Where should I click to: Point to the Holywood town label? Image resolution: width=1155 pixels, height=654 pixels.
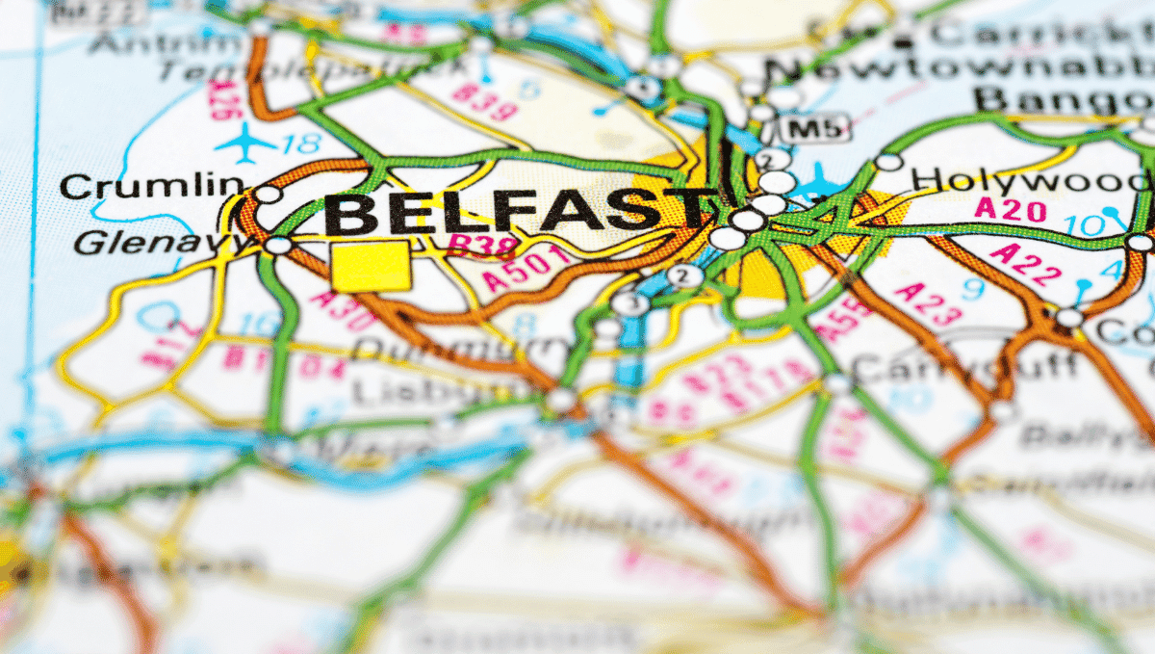click(1030, 180)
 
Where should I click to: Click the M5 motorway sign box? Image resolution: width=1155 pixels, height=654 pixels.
click(814, 127)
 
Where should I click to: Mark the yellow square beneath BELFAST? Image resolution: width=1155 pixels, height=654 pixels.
click(371, 265)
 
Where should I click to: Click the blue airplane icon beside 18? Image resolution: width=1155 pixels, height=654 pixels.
click(245, 144)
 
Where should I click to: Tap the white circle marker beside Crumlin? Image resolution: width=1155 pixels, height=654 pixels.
click(269, 195)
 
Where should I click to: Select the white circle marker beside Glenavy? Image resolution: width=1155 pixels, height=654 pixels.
click(278, 246)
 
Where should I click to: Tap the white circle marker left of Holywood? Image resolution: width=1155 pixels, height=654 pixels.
click(888, 162)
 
